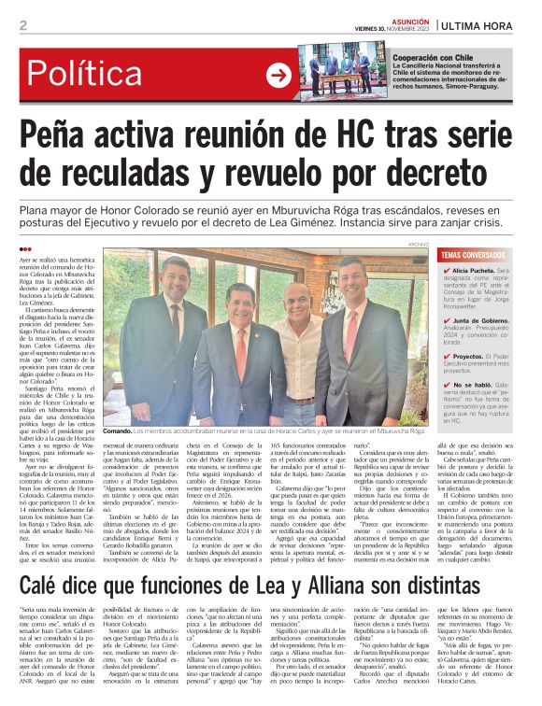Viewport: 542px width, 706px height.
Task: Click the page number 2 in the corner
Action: click(22, 26)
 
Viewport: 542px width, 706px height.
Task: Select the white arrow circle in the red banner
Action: click(278, 76)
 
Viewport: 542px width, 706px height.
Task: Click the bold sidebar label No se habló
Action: click(471, 384)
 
